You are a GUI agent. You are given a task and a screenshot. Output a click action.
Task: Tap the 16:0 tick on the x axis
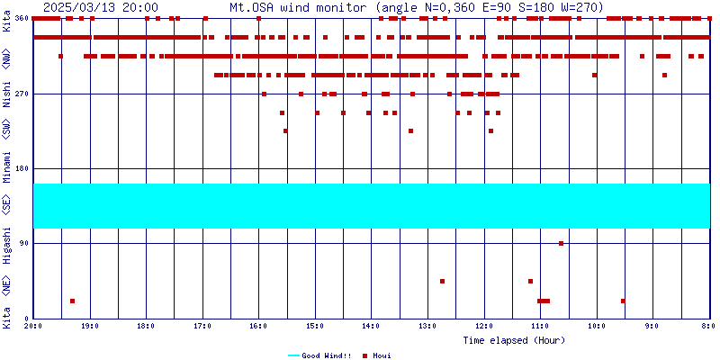[258, 326]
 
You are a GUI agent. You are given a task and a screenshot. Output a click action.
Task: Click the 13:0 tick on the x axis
[427, 326]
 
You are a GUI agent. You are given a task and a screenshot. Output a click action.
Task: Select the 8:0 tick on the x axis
[708, 326]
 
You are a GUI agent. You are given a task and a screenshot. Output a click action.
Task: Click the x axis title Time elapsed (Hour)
[514, 340]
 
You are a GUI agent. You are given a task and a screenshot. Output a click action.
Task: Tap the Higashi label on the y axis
[7, 243]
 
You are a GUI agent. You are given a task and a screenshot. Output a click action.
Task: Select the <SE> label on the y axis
[7, 206]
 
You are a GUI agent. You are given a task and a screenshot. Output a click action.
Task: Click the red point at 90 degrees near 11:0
[561, 243]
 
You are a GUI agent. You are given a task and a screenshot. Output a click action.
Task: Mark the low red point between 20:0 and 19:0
[72, 301]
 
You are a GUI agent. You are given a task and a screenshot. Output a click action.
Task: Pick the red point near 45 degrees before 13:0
[442, 281]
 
